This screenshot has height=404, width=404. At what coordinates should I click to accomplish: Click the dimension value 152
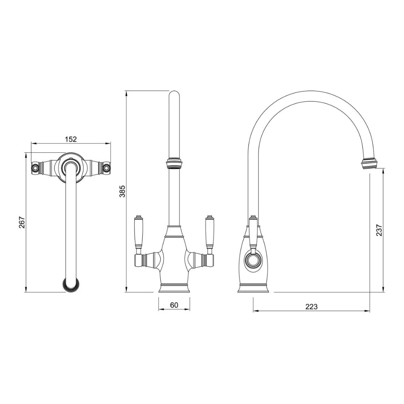(x=71, y=139)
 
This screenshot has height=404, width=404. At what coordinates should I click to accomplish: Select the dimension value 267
(x=22, y=222)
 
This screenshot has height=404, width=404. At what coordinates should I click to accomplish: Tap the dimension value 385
(x=122, y=191)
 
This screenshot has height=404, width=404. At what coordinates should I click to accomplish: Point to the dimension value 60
(x=174, y=305)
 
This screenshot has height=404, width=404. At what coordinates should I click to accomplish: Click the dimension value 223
(x=311, y=307)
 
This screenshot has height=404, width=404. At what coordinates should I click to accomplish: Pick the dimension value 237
(x=379, y=230)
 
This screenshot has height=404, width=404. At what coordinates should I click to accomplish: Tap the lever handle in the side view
(x=253, y=232)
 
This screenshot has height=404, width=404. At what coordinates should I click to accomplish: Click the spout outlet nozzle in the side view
(x=370, y=164)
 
